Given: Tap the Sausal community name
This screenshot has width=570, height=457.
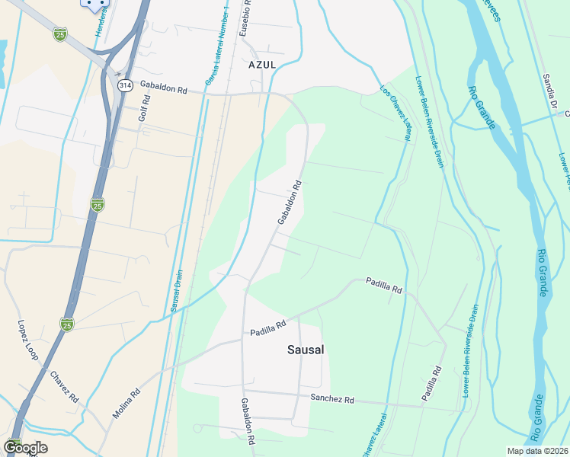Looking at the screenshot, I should tap(306, 350).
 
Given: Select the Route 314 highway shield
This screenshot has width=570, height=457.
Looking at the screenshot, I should tap(123, 85).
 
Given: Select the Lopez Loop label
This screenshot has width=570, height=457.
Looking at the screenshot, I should tap(27, 340).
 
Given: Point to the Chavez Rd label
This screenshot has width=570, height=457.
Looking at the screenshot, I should tap(64, 387).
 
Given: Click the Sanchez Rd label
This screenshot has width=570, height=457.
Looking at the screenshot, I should tap(332, 399).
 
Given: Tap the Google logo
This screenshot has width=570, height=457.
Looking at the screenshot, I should tap(25, 448).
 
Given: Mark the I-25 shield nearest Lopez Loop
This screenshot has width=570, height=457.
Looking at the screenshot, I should tap(67, 324).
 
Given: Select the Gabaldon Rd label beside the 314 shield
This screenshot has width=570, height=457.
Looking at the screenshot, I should tap(164, 89).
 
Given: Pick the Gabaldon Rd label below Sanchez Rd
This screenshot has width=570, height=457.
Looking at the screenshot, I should tap(248, 421).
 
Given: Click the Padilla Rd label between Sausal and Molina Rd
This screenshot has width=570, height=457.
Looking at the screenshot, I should tap(267, 328).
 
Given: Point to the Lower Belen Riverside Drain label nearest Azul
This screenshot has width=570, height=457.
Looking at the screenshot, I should tap(430, 122).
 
